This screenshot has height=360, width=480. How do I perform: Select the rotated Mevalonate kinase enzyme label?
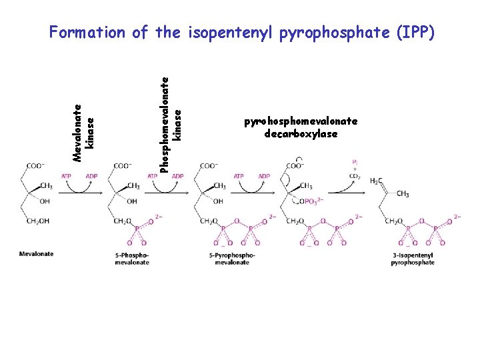(x=84, y=132)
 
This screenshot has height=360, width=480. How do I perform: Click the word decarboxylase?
(x=301, y=134)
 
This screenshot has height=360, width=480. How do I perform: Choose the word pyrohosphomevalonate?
(x=301, y=121)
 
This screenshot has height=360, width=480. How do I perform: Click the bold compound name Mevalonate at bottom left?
(x=36, y=254)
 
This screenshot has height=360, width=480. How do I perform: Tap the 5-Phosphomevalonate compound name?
(x=131, y=259)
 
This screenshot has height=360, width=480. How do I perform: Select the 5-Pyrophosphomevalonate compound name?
(x=231, y=259)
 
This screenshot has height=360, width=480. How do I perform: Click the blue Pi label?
(x=355, y=162)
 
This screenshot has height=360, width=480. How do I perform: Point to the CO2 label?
(x=355, y=176)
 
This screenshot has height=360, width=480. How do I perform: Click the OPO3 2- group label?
(x=311, y=201)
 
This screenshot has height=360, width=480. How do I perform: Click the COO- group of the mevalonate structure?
(x=35, y=166)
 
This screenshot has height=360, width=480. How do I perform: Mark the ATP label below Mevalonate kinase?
(x=67, y=176)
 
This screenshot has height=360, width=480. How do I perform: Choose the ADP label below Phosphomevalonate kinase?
(x=178, y=176)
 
